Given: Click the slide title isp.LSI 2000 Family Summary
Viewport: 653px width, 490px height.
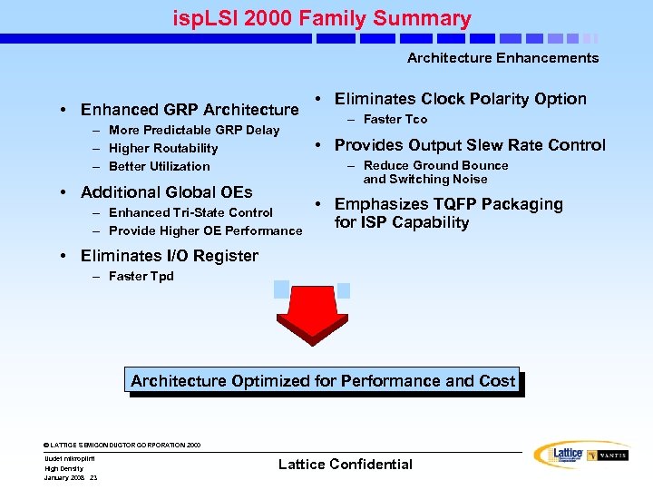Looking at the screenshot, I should coord(322,18).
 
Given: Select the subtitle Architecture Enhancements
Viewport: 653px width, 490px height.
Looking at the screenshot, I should coord(502,58).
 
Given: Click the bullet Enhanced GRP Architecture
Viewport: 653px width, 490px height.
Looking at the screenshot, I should coord(189,110).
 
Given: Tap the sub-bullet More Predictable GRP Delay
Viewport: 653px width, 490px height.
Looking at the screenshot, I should coord(193,130).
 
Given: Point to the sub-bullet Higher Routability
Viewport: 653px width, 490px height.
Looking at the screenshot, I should coord(162,148).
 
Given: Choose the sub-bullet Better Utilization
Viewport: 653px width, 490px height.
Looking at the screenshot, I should coord(159,166).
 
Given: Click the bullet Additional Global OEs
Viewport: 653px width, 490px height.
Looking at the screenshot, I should coord(166,192).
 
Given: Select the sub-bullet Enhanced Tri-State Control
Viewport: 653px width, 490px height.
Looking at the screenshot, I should coord(190,212).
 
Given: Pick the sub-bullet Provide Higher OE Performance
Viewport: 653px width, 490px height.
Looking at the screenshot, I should coord(205,230).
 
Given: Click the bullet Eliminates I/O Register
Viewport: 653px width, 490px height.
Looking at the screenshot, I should coord(169,256).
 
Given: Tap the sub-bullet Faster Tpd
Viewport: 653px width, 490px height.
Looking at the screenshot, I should coord(141,276).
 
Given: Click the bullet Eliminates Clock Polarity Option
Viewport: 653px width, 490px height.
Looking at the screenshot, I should coord(460,99).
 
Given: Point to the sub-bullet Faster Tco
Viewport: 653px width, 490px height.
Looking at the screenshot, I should coord(395,119).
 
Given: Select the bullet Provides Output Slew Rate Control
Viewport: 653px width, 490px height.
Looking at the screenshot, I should coord(469,145).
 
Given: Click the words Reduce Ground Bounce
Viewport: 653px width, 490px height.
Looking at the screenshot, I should coord(435,165).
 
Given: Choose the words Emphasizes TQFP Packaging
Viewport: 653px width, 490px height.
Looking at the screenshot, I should coord(448,204).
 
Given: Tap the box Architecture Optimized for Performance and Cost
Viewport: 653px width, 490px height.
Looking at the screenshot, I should coord(324,381).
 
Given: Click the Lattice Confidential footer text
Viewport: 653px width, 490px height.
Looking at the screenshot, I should coord(345,465).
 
